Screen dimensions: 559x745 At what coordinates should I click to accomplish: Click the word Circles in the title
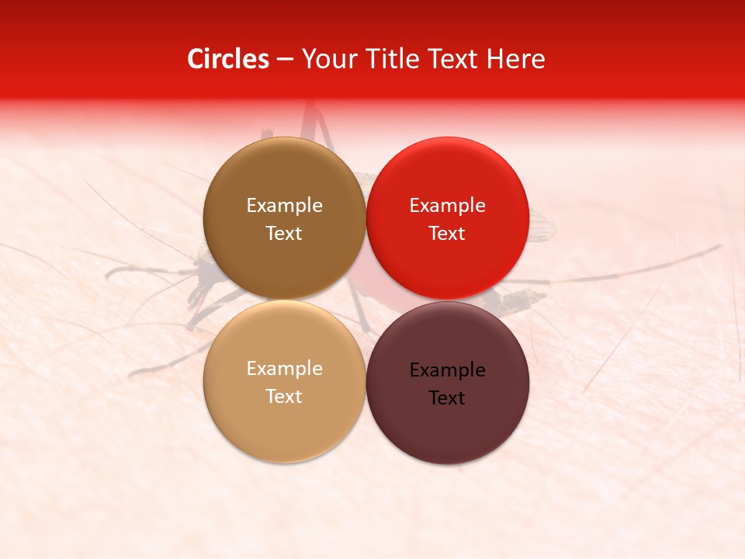(227, 59)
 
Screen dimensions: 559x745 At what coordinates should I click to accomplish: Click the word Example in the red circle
(447, 206)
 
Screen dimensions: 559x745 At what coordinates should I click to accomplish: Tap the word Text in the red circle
(447, 234)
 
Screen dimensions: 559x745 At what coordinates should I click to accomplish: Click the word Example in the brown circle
(284, 206)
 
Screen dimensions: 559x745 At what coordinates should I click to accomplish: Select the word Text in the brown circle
(284, 234)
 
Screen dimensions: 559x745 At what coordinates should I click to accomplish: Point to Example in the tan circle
(284, 369)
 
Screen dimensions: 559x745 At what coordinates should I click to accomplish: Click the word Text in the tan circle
(284, 397)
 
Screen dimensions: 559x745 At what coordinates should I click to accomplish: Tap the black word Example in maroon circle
(447, 370)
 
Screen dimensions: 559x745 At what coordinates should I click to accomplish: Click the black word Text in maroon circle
(447, 398)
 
